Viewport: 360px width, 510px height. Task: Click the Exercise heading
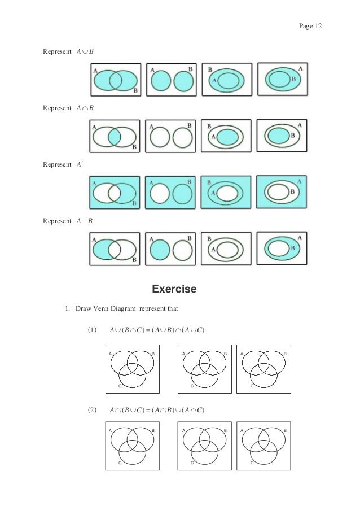point(174,290)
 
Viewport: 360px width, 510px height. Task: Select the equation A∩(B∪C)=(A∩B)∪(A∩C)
point(155,409)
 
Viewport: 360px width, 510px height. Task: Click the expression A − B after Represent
point(85,220)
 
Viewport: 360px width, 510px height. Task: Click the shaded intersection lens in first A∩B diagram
point(115,137)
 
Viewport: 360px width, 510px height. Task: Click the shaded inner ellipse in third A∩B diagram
point(228,137)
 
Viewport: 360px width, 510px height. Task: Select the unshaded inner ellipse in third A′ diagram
point(227,193)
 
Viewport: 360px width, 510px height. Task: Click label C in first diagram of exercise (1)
point(120,385)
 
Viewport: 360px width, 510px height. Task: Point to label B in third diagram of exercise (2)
point(285,430)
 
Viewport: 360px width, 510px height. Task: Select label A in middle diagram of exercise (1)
point(183,354)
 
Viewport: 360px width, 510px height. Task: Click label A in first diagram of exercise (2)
point(110,430)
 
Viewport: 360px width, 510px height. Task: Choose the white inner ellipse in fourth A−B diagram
point(278,247)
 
